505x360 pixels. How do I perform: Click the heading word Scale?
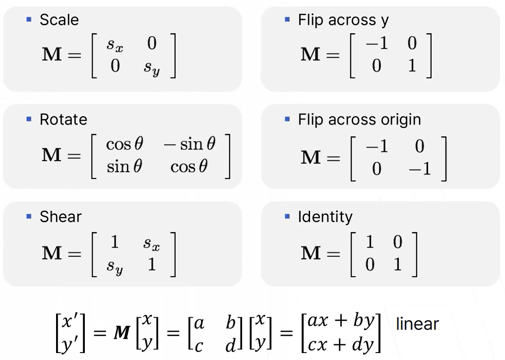[x=59, y=20]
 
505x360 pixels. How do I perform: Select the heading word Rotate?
[x=63, y=120]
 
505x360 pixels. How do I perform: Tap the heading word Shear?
[x=61, y=217]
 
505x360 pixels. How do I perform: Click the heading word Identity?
[x=325, y=217]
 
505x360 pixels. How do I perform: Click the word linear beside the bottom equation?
[x=417, y=324]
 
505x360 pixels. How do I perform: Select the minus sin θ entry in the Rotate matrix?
[x=190, y=144]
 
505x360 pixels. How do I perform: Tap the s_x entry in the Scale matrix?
[x=115, y=45]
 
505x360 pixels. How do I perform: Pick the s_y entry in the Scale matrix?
[x=152, y=67]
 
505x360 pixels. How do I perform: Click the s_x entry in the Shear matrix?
[x=152, y=243]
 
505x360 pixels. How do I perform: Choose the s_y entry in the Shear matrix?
[x=115, y=266]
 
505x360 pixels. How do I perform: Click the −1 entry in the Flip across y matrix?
[x=377, y=44]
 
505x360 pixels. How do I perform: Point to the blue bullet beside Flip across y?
[x=287, y=20]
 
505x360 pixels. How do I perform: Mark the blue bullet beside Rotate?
[x=29, y=120]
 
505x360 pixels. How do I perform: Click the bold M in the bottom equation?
[x=122, y=332]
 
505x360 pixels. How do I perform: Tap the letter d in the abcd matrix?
[x=230, y=345]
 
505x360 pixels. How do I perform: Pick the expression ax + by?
[x=340, y=321]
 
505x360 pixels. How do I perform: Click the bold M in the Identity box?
[x=311, y=253]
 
